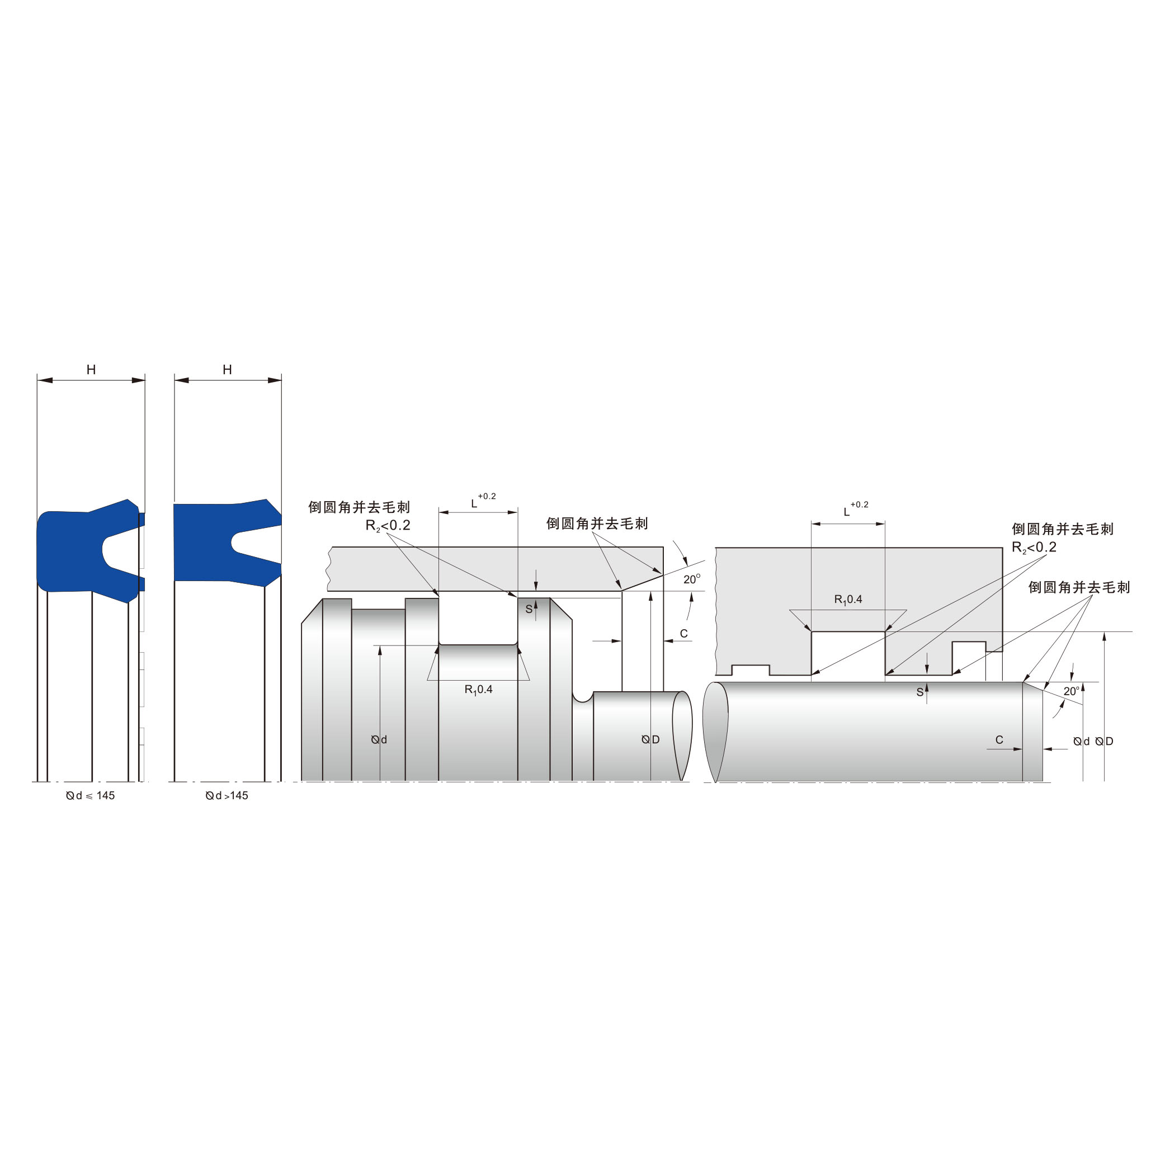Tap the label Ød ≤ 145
[x=91, y=795]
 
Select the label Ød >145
[x=227, y=795]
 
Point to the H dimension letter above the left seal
[x=91, y=370]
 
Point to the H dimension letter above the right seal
[x=227, y=370]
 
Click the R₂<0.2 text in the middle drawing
[x=388, y=525]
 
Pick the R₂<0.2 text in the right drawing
[x=1034, y=548]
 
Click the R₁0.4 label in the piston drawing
[x=478, y=689]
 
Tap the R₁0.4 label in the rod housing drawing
[x=848, y=600]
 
